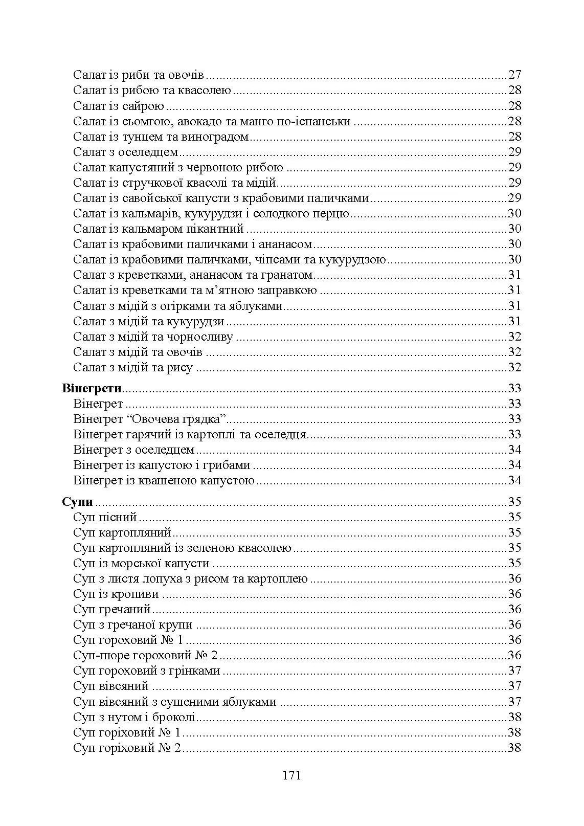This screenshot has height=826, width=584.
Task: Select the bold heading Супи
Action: (x=77, y=502)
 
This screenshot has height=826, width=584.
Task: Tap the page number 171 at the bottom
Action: (x=291, y=775)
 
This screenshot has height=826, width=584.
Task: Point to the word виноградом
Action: (x=217, y=137)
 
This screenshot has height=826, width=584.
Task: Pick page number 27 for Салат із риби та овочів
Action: (x=514, y=75)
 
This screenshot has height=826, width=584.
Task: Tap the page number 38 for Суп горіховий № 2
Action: (x=514, y=748)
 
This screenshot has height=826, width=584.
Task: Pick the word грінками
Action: (x=197, y=671)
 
